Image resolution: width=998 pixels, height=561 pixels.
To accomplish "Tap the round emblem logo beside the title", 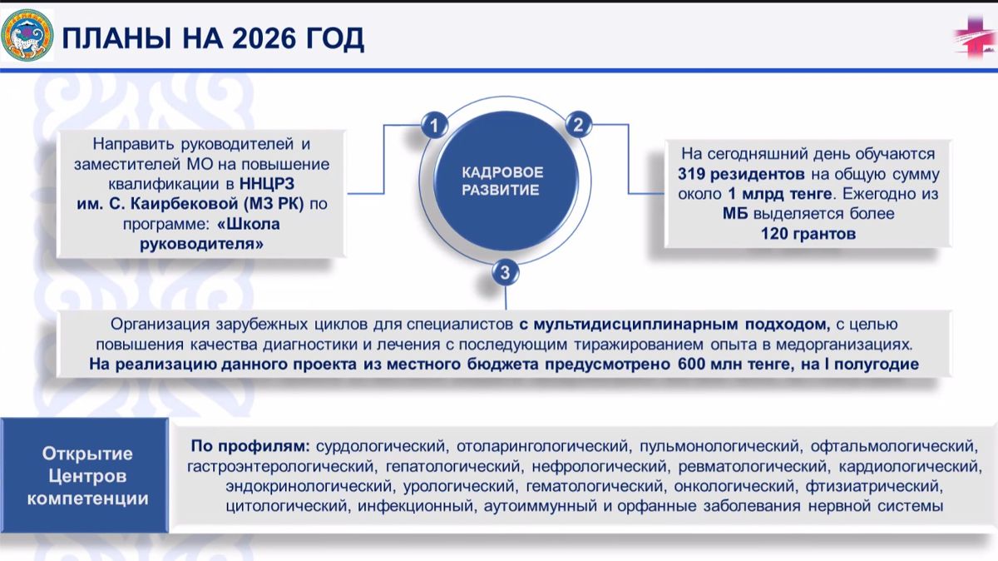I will [27, 35].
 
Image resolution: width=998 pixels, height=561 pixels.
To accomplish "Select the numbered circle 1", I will [434, 126].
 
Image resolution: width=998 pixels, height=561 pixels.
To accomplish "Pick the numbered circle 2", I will [577, 126].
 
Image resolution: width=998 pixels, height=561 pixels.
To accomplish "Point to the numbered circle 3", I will [506, 271].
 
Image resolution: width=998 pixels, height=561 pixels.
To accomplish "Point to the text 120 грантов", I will [808, 234].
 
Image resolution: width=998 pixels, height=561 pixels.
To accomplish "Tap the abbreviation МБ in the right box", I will [736, 214].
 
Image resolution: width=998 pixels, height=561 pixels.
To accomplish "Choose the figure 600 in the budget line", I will [695, 364].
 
